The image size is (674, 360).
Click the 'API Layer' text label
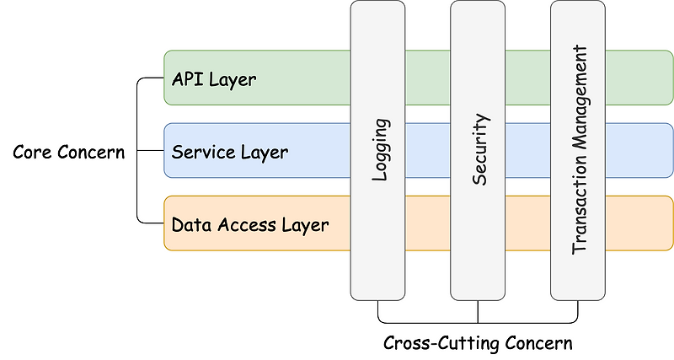[x=214, y=80]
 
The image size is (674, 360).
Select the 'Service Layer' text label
[x=229, y=153]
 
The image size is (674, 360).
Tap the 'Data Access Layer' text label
[x=249, y=225]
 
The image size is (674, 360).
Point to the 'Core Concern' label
[x=68, y=153]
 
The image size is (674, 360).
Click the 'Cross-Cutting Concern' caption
[x=478, y=344]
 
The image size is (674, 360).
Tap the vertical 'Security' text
[x=479, y=151]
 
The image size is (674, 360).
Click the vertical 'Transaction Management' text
[x=579, y=151]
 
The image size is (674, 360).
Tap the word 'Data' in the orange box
[x=190, y=225]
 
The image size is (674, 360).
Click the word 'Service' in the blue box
[x=201, y=153]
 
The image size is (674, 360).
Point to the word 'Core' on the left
[x=32, y=153]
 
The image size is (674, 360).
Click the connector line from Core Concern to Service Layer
[x=151, y=152]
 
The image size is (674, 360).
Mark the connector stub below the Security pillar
[x=479, y=311]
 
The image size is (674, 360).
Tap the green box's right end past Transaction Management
[x=639, y=78]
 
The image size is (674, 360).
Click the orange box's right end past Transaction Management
[x=639, y=223]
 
